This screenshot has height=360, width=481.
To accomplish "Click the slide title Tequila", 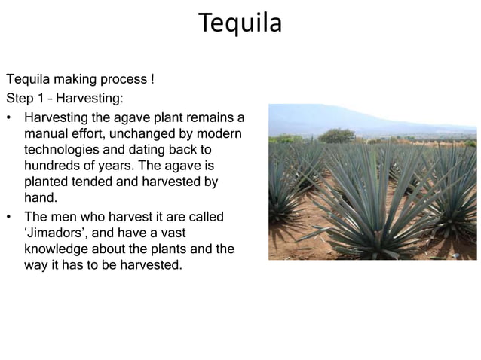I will [240, 23].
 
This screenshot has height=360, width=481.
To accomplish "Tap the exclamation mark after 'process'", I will [152, 79].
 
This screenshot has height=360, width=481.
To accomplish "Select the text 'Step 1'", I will [24, 98].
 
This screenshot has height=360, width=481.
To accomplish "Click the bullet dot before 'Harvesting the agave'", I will [9, 118].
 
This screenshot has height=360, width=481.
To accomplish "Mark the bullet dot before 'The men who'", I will [9, 217].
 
